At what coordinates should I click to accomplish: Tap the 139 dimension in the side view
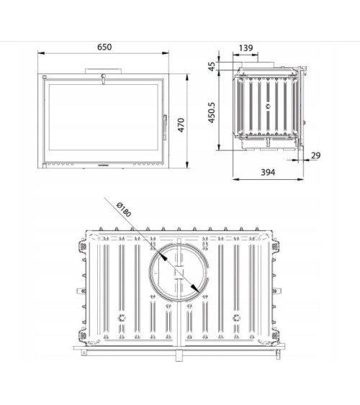246,48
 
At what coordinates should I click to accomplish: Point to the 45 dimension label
213,67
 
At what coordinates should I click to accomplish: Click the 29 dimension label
316,155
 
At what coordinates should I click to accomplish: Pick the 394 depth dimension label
268,172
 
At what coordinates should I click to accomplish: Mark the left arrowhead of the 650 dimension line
40,53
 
